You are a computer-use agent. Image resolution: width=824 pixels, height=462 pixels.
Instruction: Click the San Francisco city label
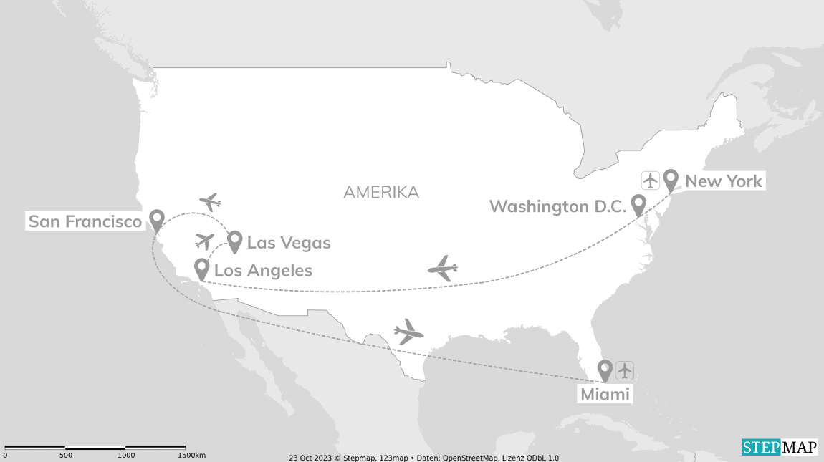(85, 221)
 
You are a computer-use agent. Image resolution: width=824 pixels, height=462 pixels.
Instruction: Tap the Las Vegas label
(289, 243)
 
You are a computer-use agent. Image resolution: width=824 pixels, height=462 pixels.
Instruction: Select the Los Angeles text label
(263, 270)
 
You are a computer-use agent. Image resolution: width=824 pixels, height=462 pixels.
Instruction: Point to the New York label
(724, 181)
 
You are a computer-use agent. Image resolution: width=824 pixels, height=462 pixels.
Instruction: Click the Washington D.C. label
(557, 206)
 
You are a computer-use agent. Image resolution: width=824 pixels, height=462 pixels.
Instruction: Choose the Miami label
(605, 394)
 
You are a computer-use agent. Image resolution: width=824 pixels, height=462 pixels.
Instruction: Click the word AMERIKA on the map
(380, 192)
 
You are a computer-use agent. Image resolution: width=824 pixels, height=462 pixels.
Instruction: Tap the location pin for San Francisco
(156, 219)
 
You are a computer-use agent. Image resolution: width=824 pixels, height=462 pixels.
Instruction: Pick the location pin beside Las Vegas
(234, 241)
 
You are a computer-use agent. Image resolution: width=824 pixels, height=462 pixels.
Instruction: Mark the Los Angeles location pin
(202, 269)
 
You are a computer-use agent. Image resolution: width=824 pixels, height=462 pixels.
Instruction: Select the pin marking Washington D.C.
(638, 205)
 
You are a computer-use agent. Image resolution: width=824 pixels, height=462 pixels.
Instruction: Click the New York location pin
(671, 179)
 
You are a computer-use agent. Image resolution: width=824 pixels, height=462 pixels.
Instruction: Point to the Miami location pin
(605, 370)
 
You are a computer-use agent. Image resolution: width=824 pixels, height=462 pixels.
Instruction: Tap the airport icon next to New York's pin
(651, 180)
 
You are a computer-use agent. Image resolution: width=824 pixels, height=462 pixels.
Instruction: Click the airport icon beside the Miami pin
(625, 370)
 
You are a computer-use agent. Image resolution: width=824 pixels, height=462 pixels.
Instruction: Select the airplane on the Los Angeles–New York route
(442, 269)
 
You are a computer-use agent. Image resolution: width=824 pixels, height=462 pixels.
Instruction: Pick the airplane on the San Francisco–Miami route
(408, 332)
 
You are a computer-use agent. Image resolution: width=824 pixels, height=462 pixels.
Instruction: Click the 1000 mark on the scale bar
(126, 455)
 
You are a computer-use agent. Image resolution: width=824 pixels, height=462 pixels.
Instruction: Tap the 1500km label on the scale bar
(191, 455)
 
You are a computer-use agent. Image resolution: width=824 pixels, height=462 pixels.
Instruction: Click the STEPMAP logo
(780, 447)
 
